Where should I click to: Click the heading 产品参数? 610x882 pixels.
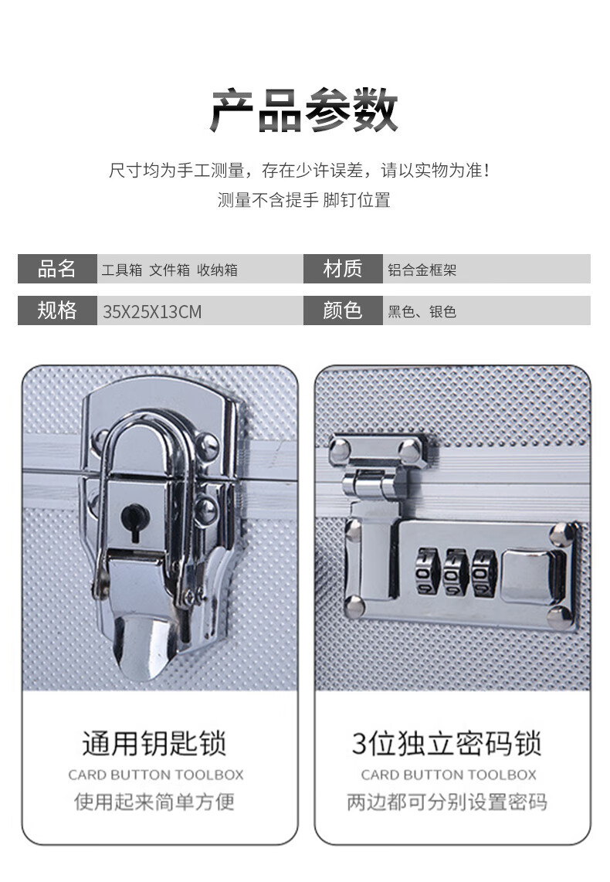tap(304, 110)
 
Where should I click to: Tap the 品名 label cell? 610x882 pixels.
tap(57, 269)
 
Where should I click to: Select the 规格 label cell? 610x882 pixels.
tap(57, 310)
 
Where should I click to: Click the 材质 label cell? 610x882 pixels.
tap(343, 269)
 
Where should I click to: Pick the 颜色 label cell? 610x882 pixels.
tap(343, 310)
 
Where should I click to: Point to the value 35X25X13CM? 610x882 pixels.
tap(152, 311)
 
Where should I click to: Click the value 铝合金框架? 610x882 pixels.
tap(422, 270)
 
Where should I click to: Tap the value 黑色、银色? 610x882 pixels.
tap(422, 311)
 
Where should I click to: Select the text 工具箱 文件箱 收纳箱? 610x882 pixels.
tap(170, 270)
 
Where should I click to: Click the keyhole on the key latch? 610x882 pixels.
tap(135, 521)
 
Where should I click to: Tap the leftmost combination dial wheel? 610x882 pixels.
tap(428, 572)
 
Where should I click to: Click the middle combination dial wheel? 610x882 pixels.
tap(456, 572)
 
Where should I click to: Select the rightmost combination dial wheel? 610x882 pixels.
tap(484, 573)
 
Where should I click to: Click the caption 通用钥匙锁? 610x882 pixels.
tap(154, 744)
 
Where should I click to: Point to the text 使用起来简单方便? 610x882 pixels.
tap(154, 802)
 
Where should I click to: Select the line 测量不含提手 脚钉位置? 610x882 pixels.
tap(304, 200)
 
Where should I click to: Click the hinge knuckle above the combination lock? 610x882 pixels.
tap(374, 484)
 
